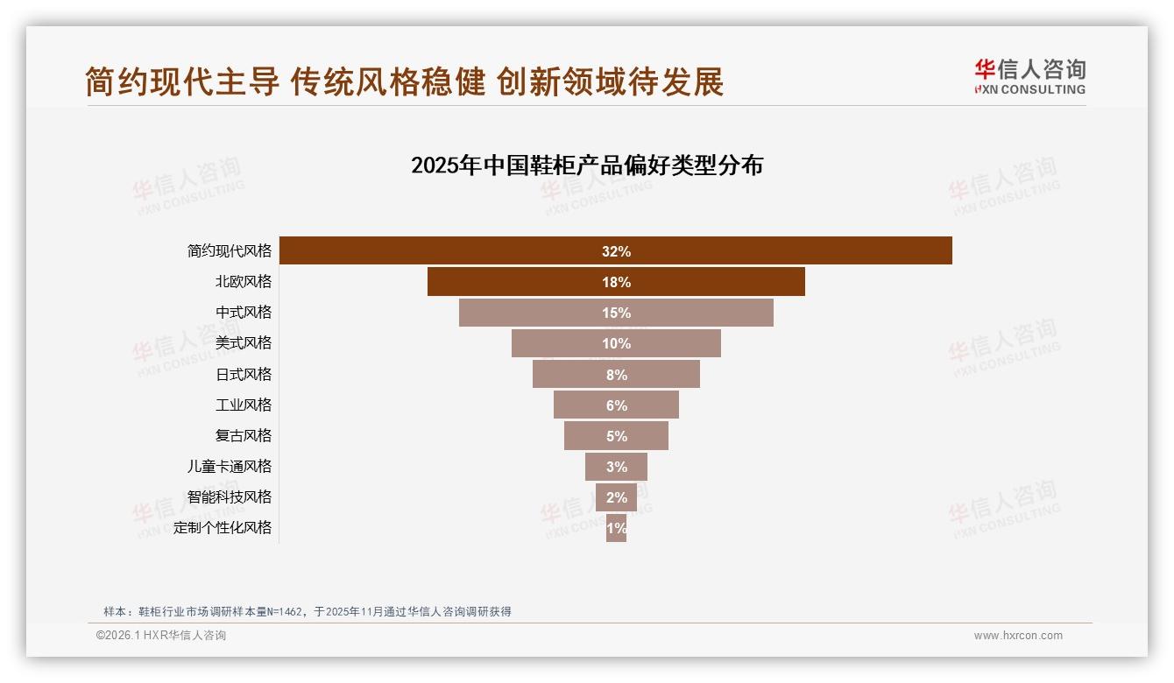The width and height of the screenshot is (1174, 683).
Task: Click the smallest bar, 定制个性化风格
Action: pos(616,528)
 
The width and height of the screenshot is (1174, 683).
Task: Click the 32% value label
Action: pos(616,251)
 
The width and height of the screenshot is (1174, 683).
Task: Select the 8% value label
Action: pos(616,375)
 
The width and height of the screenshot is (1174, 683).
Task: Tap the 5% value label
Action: pos(616,436)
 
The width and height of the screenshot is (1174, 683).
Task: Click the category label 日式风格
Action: pos(244,374)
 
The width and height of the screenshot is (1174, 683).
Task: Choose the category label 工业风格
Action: pos(244,405)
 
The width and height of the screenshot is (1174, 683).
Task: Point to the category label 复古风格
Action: pos(244,435)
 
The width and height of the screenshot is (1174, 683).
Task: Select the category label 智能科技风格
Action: pos(230,496)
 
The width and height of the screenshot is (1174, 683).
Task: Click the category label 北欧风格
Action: pos(244,281)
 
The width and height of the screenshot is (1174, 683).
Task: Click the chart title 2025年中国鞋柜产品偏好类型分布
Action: pos(587,165)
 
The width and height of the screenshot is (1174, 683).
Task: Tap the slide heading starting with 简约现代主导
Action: pos(404,81)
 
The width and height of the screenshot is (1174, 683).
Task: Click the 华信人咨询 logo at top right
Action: pos(1029,76)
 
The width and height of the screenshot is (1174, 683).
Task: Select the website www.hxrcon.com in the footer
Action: pos(1018,636)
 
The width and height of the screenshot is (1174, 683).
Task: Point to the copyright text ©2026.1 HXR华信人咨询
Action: pos(161,636)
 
